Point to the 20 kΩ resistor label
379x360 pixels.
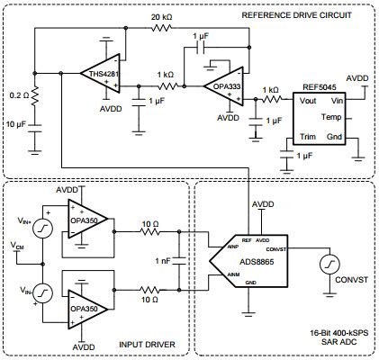[x=161, y=17]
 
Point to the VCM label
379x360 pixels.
[x=17, y=245]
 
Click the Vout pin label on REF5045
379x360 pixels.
[x=298, y=103]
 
